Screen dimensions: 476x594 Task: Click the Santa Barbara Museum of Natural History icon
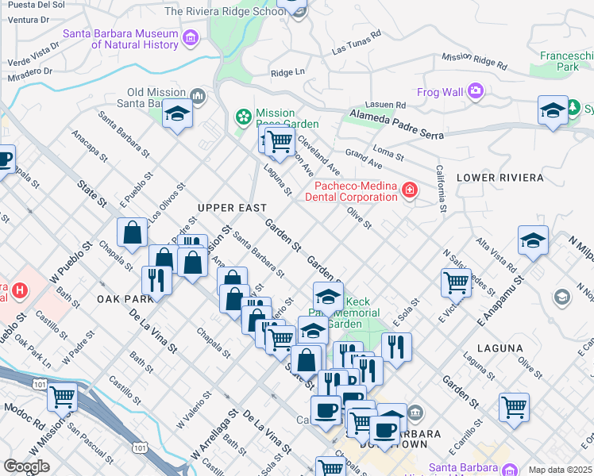190,38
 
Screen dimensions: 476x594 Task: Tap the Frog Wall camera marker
476,91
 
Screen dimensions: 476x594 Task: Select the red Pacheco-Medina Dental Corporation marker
409,190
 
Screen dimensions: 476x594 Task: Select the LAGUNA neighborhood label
500,348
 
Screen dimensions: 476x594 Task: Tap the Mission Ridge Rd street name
474,61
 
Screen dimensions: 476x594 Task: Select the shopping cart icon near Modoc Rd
63,395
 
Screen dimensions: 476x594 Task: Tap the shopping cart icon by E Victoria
456,281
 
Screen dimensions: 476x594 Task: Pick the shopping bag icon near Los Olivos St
133,232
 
